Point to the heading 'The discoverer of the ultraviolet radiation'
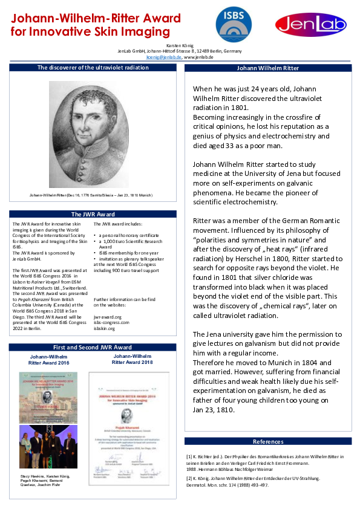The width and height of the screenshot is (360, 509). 93,68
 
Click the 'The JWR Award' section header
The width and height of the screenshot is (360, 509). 93,214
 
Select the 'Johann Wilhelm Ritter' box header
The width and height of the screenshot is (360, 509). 267,68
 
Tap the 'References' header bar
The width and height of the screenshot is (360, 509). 267,441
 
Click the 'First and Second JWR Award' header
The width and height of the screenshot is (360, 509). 93,348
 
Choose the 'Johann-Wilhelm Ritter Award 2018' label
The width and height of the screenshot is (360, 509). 132,359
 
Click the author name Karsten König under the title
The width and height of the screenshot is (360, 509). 180,46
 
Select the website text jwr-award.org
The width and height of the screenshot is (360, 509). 105,316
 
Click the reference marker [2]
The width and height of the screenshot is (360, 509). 189,479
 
